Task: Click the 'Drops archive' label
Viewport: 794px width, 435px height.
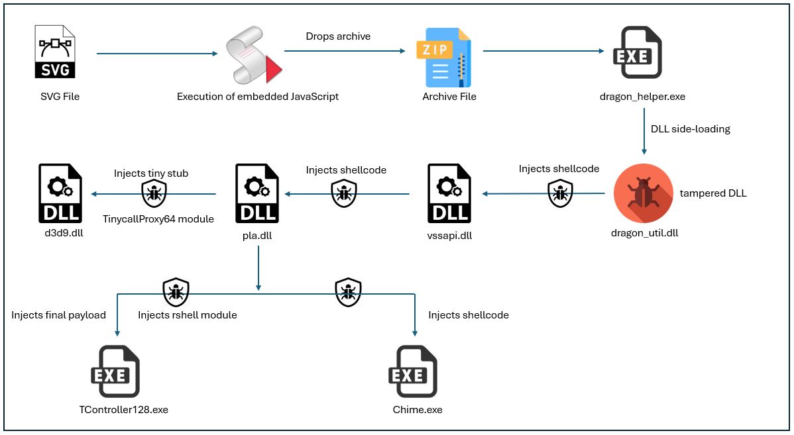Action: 338,36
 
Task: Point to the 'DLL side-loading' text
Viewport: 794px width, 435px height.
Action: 691,129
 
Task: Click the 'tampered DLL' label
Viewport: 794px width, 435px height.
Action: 713,193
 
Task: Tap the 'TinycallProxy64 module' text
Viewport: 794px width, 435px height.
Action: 158,218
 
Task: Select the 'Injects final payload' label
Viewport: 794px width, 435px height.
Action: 58,315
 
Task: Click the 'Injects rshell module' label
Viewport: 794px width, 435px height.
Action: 187,315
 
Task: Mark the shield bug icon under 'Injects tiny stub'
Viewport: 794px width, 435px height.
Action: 154,193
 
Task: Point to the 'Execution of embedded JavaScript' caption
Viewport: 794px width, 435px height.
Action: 258,97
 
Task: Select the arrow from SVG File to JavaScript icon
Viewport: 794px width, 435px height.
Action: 157,54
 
